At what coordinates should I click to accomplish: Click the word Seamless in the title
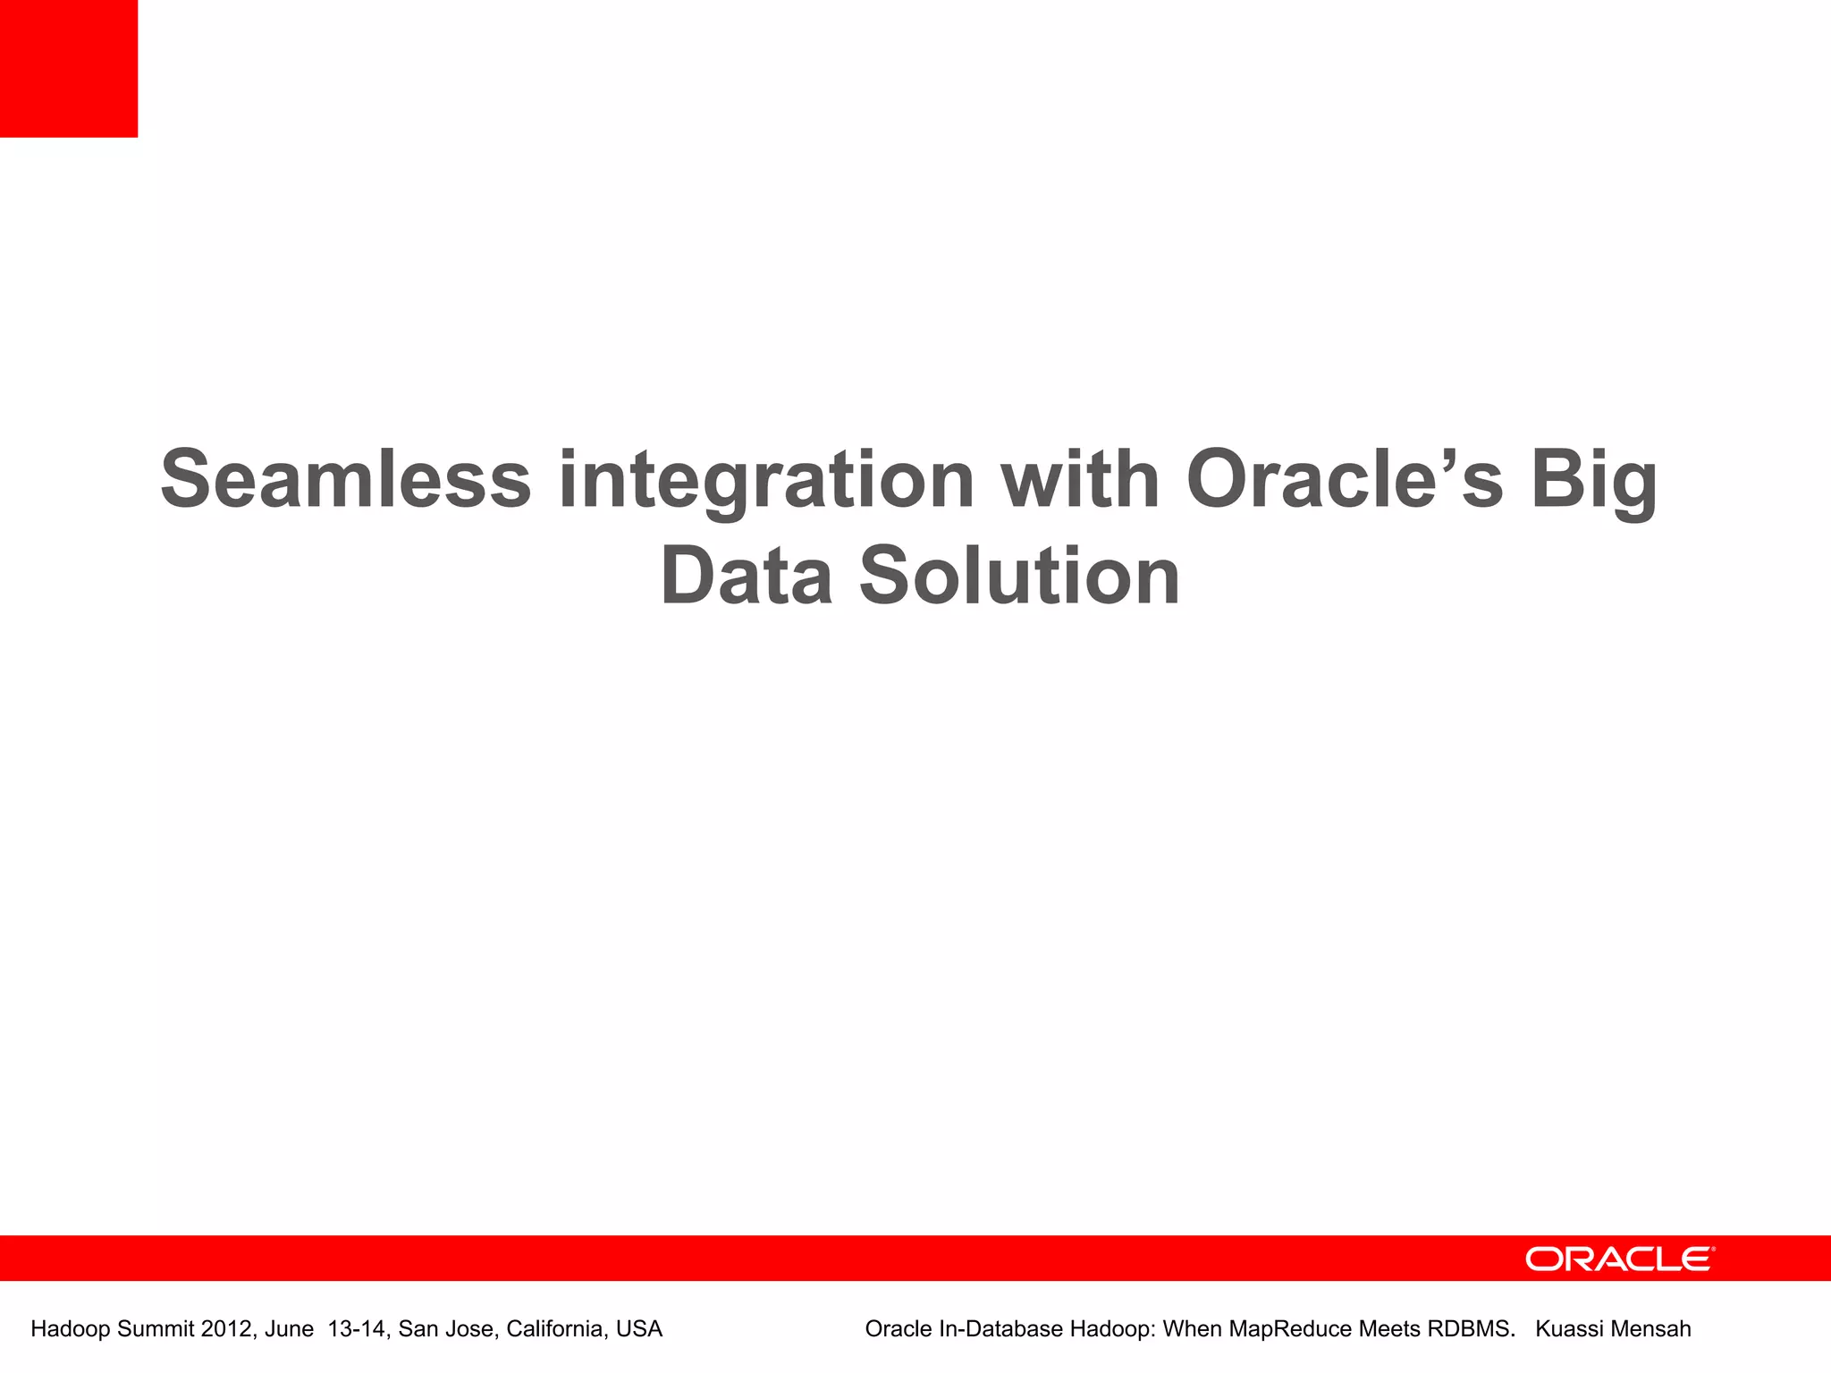coord(346,480)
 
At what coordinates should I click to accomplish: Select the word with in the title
coord(1080,480)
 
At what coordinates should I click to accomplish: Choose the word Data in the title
coord(747,577)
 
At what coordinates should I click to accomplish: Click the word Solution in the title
coord(1019,577)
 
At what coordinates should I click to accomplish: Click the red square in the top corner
coord(69,69)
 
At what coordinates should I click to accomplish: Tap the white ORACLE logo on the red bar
coord(1619,1259)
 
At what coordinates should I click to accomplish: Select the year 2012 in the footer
coord(226,1329)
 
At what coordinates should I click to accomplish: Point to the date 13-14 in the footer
coord(358,1329)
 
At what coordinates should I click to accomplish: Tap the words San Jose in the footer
coord(444,1329)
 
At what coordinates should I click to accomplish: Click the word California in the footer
coord(555,1329)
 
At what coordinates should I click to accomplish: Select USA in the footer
coord(639,1329)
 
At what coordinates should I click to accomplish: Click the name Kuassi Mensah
coord(1613,1329)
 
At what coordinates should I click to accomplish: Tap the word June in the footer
coord(289,1329)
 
